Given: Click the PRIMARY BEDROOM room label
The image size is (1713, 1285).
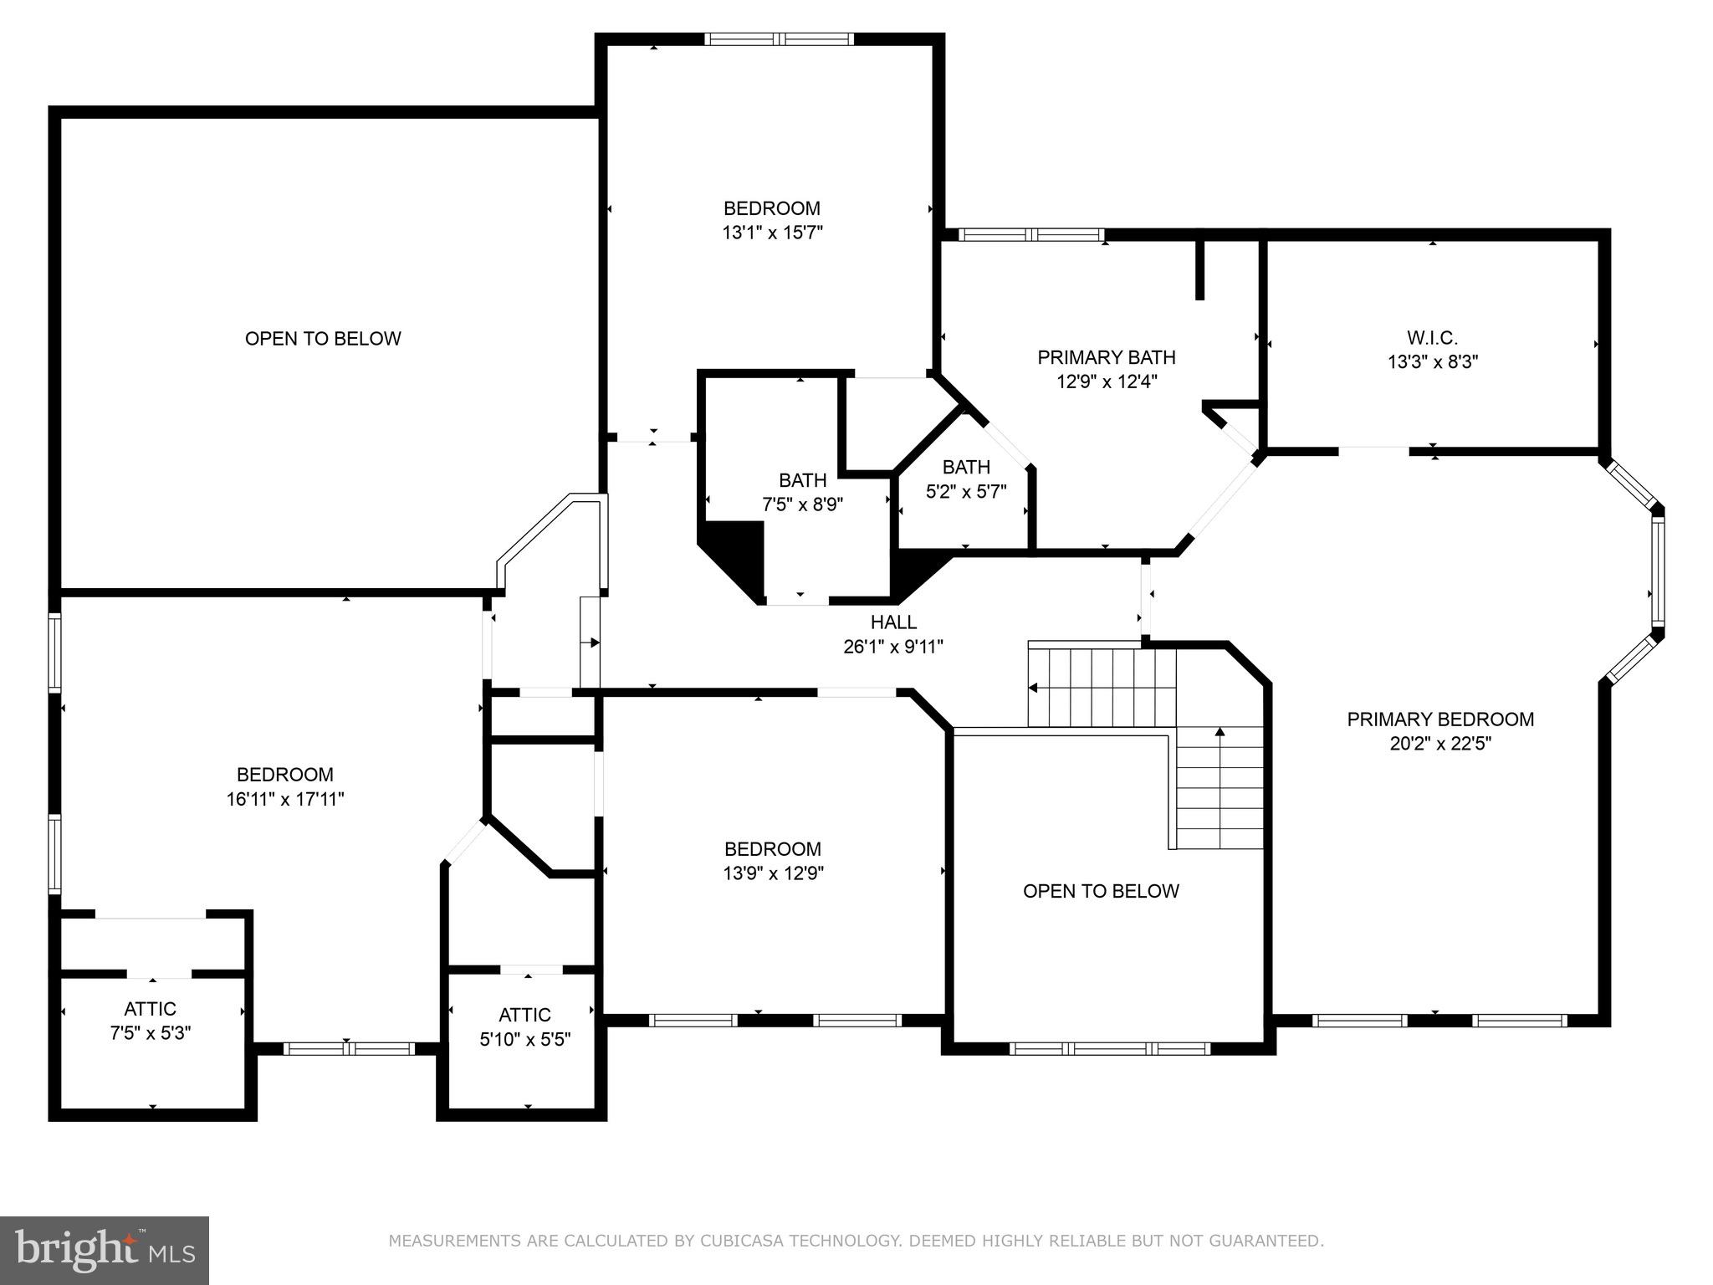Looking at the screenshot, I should [1439, 719].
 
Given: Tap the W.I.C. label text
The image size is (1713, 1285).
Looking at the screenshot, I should [1432, 339].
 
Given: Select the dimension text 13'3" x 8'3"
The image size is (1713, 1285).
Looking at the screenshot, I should [1432, 362].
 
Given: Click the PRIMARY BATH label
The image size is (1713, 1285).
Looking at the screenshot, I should [1106, 358].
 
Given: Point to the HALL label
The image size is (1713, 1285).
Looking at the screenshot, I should [893, 622].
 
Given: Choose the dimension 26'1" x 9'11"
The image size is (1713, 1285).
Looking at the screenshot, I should [893, 647].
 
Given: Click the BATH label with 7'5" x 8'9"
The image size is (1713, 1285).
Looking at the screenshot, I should [802, 480].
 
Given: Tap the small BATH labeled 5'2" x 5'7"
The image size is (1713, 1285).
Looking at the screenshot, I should [966, 467].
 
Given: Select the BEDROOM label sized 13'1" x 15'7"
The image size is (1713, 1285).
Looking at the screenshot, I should [771, 208].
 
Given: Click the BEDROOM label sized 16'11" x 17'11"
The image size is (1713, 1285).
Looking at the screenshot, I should [284, 775].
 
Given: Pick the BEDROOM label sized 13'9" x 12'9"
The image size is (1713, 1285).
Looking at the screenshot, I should [772, 849].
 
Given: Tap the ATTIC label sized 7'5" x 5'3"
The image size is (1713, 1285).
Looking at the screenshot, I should [151, 1009].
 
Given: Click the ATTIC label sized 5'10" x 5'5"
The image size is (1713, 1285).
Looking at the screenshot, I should [524, 1015].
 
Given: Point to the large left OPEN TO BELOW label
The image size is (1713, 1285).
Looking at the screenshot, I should [323, 339].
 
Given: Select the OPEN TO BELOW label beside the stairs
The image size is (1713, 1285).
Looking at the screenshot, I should [1101, 891].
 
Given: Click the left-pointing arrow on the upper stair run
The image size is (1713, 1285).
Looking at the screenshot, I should [1034, 688].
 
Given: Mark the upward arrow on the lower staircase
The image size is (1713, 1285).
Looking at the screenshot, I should [1220, 733].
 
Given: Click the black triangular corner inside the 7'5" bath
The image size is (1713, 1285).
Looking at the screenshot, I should [740, 552].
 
